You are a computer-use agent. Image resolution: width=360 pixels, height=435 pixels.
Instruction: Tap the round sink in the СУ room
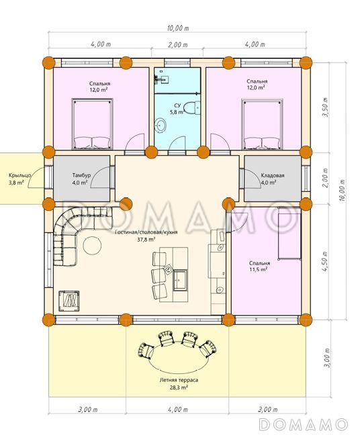coord(161,125)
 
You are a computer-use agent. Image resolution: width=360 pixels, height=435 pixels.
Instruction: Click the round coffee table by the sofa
coord(93,245)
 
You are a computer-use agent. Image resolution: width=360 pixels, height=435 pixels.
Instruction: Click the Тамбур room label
coord(81,175)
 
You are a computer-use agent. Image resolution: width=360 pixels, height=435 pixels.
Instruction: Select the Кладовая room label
coord(273,175)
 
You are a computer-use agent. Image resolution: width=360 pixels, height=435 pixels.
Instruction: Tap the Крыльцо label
coord(19,175)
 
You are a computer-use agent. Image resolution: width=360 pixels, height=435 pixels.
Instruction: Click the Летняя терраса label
coord(179,380)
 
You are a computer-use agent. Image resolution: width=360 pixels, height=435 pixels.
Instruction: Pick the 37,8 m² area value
coord(146,240)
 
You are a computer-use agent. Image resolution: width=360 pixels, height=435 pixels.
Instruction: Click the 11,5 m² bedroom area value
coord(259,270)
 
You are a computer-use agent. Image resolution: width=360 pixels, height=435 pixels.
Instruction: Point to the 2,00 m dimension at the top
coord(178,45)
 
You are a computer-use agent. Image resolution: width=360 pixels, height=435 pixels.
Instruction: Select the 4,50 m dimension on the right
coord(326,262)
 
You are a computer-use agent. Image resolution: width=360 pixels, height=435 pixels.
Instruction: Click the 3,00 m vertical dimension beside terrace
coord(328,358)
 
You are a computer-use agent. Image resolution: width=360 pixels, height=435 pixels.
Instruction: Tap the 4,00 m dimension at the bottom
coord(178,409)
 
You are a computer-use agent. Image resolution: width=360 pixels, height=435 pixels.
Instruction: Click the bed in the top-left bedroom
coord(93,124)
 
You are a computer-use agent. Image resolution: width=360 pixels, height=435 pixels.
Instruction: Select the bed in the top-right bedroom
coord(263,124)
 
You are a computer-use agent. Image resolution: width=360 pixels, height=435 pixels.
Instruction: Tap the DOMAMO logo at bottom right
coord(304,424)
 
